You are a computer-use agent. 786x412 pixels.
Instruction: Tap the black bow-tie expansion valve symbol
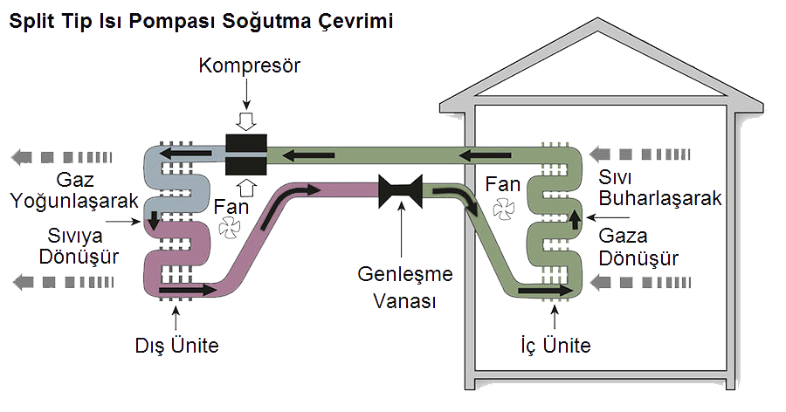coord(401,190)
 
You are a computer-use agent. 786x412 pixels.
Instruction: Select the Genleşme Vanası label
coord(406,287)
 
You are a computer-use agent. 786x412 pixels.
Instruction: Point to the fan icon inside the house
coord(506,209)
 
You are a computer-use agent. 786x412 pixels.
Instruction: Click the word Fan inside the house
coord(504,184)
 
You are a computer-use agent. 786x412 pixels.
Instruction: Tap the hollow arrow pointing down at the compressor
coord(247,120)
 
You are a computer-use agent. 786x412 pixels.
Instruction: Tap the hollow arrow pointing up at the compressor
coord(247,187)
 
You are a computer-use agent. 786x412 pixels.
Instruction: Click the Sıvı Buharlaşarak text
coord(659,188)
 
